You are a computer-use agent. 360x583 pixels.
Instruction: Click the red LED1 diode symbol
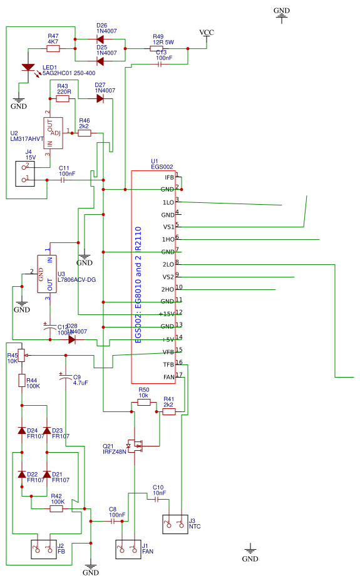click(28, 67)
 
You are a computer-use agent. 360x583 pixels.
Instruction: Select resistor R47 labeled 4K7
click(53, 48)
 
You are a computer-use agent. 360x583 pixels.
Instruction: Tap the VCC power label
click(206, 33)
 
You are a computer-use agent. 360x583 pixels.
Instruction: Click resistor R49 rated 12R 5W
click(157, 48)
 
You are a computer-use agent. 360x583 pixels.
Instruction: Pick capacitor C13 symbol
click(160, 64)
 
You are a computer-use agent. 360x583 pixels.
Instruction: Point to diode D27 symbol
click(100, 98)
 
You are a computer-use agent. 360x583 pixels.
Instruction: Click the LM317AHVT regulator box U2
click(53, 133)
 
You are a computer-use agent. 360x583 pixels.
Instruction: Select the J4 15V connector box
click(33, 173)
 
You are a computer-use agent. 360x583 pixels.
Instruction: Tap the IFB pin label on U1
click(168, 177)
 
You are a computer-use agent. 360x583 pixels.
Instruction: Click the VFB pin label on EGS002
click(168, 352)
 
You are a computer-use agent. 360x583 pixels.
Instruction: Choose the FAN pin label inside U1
click(168, 377)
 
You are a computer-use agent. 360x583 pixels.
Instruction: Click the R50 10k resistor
click(144, 403)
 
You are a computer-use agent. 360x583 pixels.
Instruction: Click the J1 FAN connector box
click(128, 549)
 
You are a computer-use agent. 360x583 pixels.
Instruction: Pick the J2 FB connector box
click(43, 549)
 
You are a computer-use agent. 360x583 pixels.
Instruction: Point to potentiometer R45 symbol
click(22, 356)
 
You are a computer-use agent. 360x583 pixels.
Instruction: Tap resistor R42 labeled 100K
click(56, 509)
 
